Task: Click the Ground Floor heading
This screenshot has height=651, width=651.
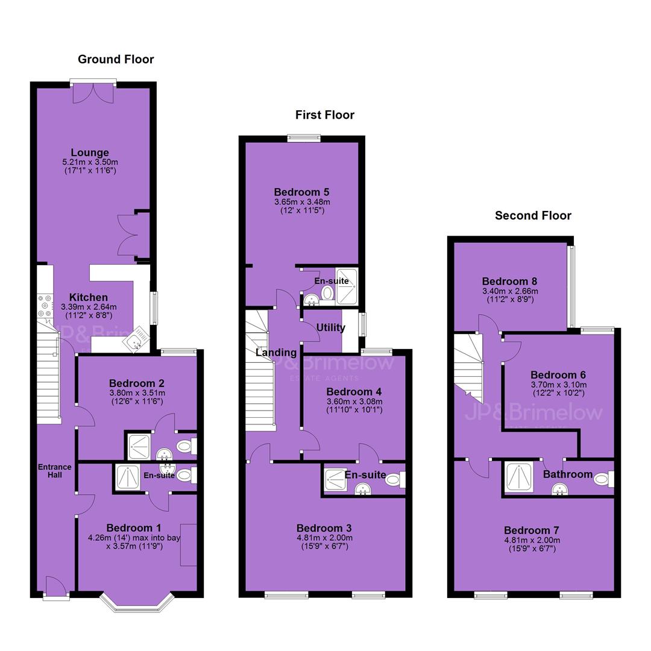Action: click(x=116, y=59)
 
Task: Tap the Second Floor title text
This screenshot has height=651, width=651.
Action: click(x=533, y=215)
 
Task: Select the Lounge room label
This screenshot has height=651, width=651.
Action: click(x=90, y=153)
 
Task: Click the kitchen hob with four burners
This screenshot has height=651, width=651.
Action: click(x=45, y=306)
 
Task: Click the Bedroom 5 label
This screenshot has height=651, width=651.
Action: click(x=302, y=192)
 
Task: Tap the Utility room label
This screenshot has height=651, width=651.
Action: click(x=330, y=327)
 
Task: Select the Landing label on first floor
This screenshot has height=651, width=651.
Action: click(x=276, y=353)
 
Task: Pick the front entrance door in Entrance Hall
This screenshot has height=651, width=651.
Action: click(x=55, y=587)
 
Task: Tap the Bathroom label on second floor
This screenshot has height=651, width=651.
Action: click(x=568, y=474)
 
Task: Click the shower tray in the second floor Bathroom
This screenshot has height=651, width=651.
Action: click(x=520, y=477)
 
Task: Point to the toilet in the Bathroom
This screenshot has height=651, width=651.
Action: click(x=603, y=479)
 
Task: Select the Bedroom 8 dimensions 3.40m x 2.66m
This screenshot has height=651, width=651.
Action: click(x=511, y=291)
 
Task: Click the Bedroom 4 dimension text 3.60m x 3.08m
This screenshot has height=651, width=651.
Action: click(x=354, y=401)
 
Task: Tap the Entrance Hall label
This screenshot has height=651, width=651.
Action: click(x=55, y=471)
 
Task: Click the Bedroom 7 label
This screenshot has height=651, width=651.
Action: click(x=532, y=530)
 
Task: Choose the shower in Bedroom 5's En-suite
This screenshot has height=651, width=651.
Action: click(x=346, y=286)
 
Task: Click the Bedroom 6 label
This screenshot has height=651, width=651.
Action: click(x=558, y=374)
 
